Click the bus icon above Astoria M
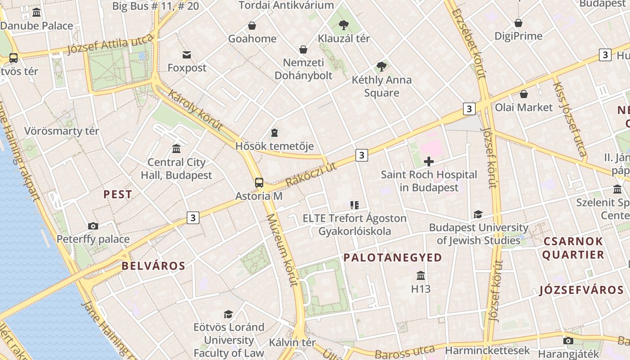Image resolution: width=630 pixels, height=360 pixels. coord(259,182)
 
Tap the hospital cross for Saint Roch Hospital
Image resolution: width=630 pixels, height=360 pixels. coord(429,161)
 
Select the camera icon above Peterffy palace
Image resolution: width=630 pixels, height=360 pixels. coord(93,226)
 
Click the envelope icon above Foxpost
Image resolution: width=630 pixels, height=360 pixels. coord(187,55)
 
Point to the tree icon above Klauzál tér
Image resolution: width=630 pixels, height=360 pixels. coord(344,25)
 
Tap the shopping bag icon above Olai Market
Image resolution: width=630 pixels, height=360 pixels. coord(523,94)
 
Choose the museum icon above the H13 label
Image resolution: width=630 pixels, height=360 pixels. coord(421,275)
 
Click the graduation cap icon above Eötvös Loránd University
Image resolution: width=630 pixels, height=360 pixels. coord(229,314)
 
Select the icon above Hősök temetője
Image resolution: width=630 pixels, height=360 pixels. coord(274,133)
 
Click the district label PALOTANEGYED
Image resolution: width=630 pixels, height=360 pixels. coord(393,257)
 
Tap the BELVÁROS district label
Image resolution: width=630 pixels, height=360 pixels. coord(153,265)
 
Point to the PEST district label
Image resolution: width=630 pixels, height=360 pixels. coord(118,194)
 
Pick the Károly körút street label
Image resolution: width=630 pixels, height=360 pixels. coord(195,110)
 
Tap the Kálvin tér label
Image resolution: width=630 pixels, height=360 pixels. coord(292,342)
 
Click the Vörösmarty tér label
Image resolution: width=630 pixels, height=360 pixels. coord(62,131)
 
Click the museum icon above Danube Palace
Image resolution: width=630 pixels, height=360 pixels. coord(36,13)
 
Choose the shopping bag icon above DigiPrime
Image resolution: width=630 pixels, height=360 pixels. coord(518,23)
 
